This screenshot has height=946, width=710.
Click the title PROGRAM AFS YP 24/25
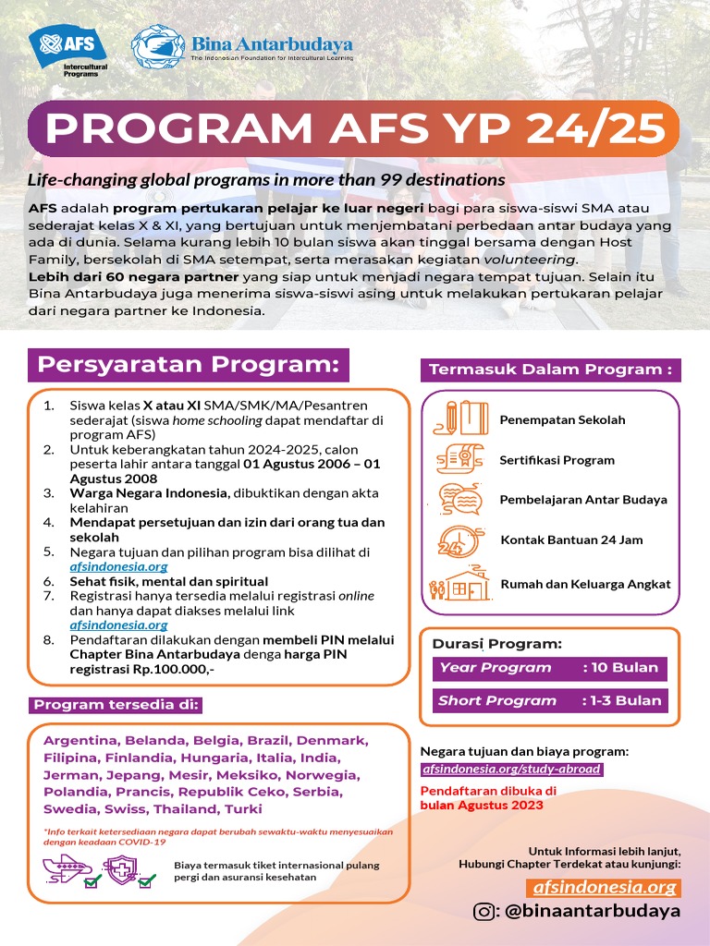coord(356,129)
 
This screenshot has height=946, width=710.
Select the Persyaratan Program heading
coord(190,365)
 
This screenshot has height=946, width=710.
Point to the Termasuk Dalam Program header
coord(550,370)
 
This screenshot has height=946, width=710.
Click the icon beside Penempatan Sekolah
coord(459,418)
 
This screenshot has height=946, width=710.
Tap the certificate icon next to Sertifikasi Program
coord(459,459)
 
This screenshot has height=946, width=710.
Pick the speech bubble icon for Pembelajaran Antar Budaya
coord(459,499)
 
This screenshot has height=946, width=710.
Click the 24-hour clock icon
coord(458,540)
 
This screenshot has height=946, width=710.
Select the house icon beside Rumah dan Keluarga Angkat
coord(459,584)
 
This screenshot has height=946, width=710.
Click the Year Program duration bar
coord(550,668)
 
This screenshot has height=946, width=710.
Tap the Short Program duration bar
coord(550,700)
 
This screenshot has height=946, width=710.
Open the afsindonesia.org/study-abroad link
coord(511,769)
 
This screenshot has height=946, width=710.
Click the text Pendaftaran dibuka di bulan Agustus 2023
coord(488,798)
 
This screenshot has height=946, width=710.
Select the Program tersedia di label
coord(116,706)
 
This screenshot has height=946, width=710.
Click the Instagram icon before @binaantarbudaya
coord(484,912)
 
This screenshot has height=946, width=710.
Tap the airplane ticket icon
coord(67,870)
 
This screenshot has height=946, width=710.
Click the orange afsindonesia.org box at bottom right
coord(606,888)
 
